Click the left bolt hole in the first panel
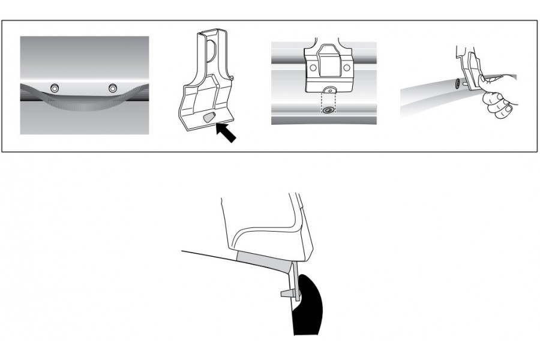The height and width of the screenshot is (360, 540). coord(55,88)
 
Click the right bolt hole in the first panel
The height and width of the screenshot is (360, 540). coord(112,88)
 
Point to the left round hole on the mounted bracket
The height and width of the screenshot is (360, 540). coord(311,67)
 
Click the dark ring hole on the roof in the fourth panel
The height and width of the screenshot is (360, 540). coord(458,83)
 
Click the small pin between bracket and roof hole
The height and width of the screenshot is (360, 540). coord(466,83)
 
